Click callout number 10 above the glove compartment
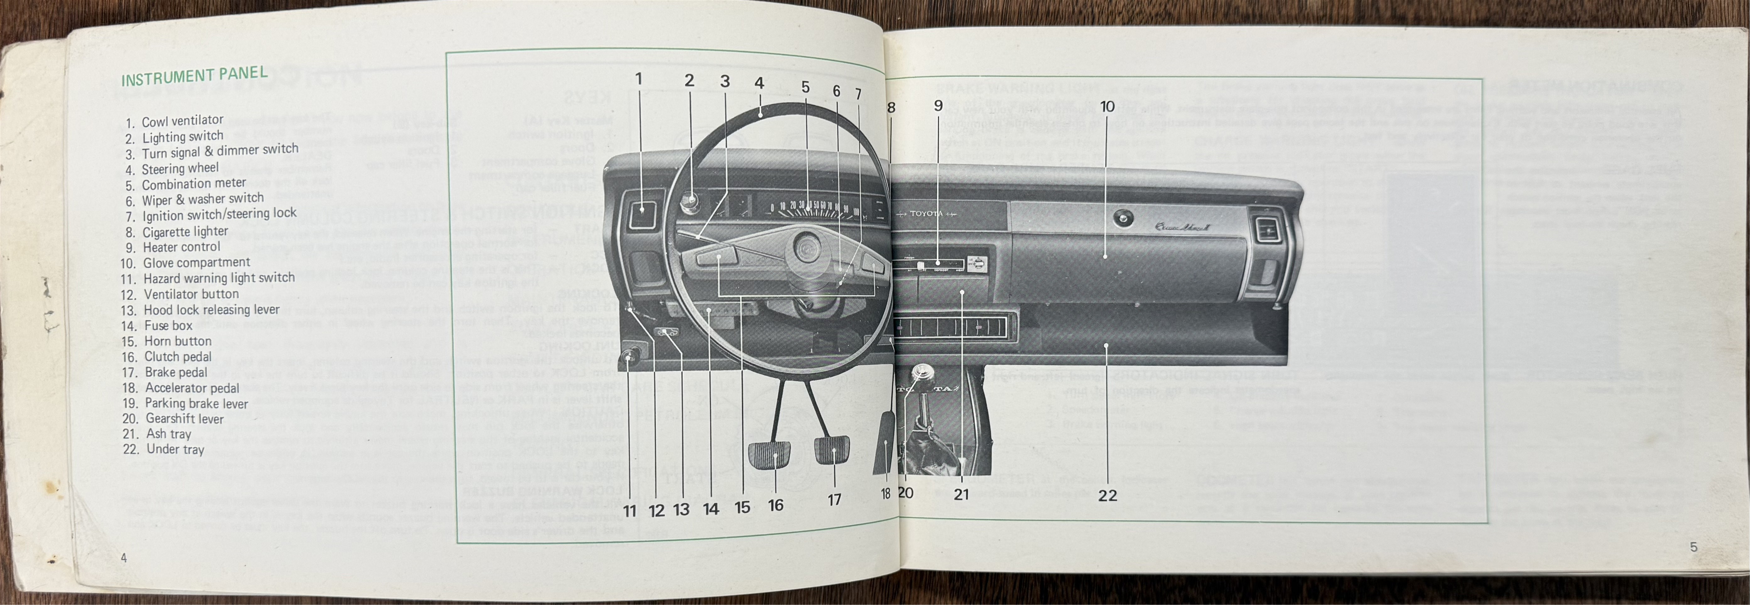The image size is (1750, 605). click(x=1107, y=107)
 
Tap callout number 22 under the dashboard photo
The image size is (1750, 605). click(x=1107, y=496)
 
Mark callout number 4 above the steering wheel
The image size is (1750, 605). click(x=759, y=83)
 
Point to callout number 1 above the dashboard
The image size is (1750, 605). click(x=638, y=79)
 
